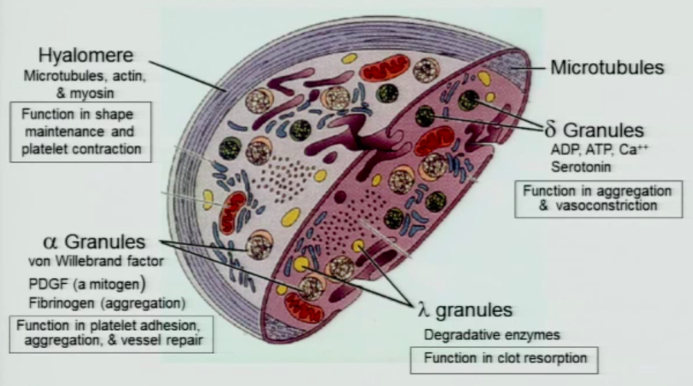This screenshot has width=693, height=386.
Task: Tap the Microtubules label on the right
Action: click(x=607, y=67)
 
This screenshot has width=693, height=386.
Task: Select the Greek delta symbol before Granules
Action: click(x=550, y=131)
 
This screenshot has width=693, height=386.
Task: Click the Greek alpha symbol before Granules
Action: click(x=51, y=242)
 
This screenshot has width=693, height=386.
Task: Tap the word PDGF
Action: click(x=44, y=283)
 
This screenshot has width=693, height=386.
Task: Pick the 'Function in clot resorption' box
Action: click(x=504, y=358)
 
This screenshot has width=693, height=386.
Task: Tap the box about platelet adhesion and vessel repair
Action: click(x=110, y=333)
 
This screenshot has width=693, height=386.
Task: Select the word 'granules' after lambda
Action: click(x=473, y=311)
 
